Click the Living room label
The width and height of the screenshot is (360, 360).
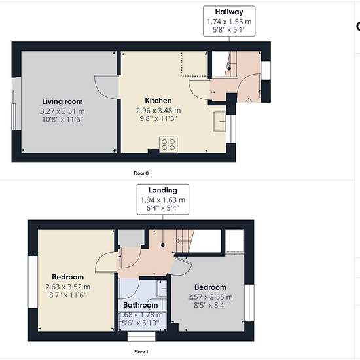coord(62,101)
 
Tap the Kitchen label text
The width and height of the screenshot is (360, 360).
coord(158,101)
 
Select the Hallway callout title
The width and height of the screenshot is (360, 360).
coord(229,12)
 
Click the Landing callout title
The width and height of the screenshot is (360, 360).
coord(163,190)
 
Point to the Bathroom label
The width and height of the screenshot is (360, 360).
coord(140,305)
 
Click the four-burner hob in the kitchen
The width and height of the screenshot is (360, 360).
coord(168,145)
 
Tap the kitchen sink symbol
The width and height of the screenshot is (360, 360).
coord(219,121)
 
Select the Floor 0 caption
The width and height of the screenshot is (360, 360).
coord(141,173)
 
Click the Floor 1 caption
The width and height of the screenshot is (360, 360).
coord(141,351)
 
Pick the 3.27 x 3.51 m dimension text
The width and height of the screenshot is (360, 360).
coord(62,111)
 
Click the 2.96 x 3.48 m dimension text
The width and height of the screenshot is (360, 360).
coord(158,111)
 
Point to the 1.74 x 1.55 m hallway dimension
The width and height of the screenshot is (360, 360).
coord(229,22)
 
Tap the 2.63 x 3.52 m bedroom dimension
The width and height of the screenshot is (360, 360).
coord(67,287)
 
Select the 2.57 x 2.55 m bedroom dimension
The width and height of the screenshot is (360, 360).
coord(210,297)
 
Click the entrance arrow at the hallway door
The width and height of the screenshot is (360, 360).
coord(249,101)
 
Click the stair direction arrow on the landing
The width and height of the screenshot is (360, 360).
coord(184,241)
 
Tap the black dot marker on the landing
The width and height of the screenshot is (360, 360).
coord(163,245)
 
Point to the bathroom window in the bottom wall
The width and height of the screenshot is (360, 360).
coord(141,336)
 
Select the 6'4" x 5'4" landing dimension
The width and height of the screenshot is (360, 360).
coord(163,208)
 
